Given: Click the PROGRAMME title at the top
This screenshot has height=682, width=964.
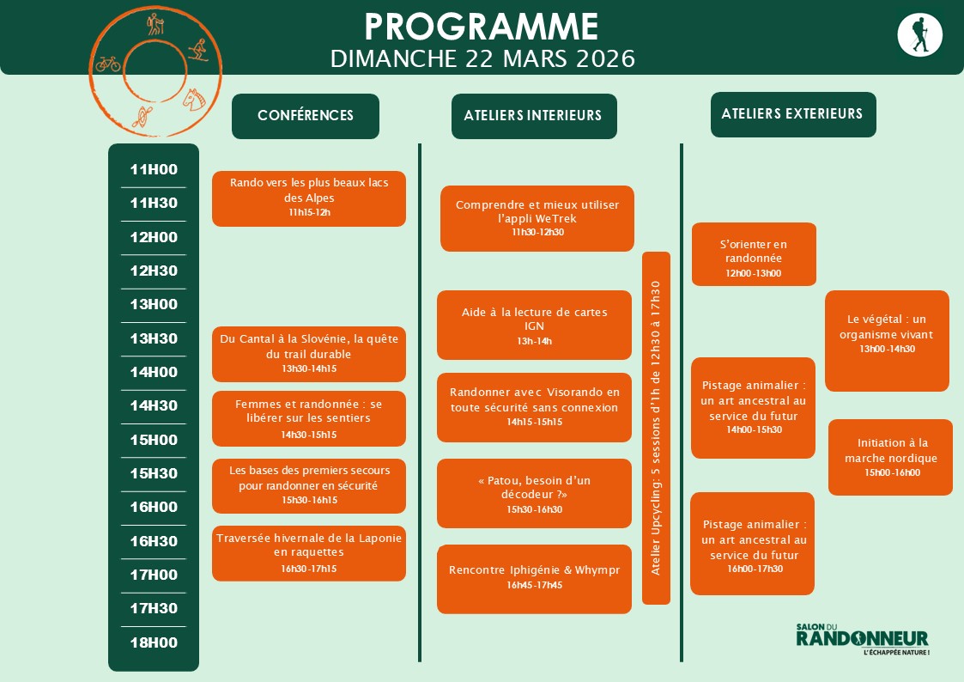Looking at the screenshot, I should [482, 27].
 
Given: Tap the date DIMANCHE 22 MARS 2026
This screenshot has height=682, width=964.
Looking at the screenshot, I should [482, 58].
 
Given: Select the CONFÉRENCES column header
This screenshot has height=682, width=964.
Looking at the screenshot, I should [306, 116].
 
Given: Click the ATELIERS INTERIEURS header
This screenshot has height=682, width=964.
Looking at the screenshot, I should [533, 116].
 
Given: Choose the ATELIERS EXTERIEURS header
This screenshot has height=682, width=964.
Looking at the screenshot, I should [792, 114].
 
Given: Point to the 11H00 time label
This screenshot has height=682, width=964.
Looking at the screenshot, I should [154, 169].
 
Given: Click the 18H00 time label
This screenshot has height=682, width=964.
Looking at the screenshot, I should [154, 642].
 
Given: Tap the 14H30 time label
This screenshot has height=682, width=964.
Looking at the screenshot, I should [154, 405].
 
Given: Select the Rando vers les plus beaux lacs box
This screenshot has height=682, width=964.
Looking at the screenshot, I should [309, 198].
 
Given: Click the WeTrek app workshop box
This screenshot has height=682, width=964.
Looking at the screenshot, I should [537, 218].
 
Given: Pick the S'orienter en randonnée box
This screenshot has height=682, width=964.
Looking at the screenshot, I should [754, 254].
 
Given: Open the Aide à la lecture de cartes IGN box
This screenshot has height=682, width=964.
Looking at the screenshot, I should [534, 325].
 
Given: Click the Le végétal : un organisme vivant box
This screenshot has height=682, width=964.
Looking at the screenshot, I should [887, 340].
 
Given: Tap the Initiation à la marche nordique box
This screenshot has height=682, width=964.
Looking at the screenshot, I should [890, 457].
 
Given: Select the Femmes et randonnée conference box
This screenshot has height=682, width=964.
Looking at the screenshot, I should [309, 419].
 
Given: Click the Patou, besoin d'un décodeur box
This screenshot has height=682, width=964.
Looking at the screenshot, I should [534, 493].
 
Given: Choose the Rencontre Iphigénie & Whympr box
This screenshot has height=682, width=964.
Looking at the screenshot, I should [534, 578].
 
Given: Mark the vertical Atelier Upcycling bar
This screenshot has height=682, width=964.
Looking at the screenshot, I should [656, 428].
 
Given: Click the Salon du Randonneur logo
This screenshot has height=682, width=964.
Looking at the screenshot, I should [862, 639].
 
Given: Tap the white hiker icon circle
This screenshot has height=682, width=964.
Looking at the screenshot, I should [919, 35].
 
